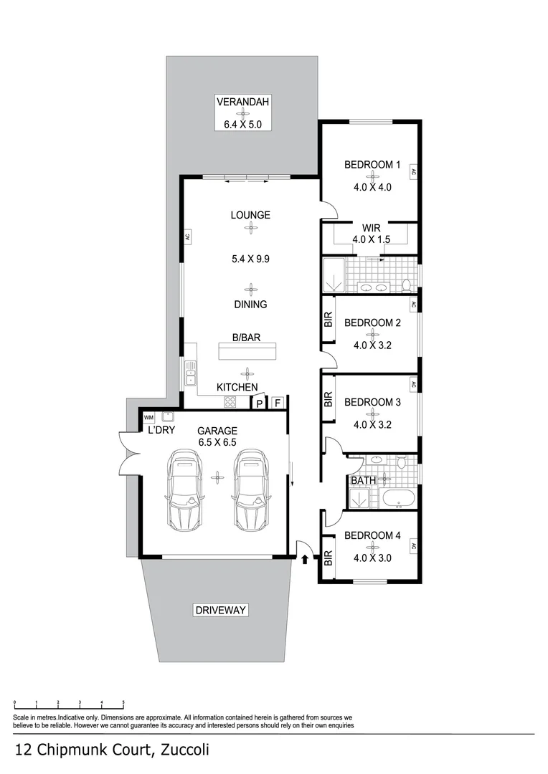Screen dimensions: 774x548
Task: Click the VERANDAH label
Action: tap(243, 102)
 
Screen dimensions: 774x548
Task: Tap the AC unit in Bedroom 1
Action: tap(413, 172)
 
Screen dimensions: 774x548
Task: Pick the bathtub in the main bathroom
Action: tap(397, 499)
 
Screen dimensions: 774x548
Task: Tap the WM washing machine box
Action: tap(149, 418)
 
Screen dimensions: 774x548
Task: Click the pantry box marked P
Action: tap(259, 404)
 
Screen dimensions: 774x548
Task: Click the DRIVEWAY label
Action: tap(220, 611)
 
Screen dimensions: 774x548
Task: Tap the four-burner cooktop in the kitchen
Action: tap(230, 401)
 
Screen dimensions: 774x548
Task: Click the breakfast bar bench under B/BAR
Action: tap(247, 351)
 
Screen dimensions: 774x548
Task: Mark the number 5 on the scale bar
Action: tap(123, 703)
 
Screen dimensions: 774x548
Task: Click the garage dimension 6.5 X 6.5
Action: tap(217, 442)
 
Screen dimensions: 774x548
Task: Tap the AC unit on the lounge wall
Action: tap(186, 236)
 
